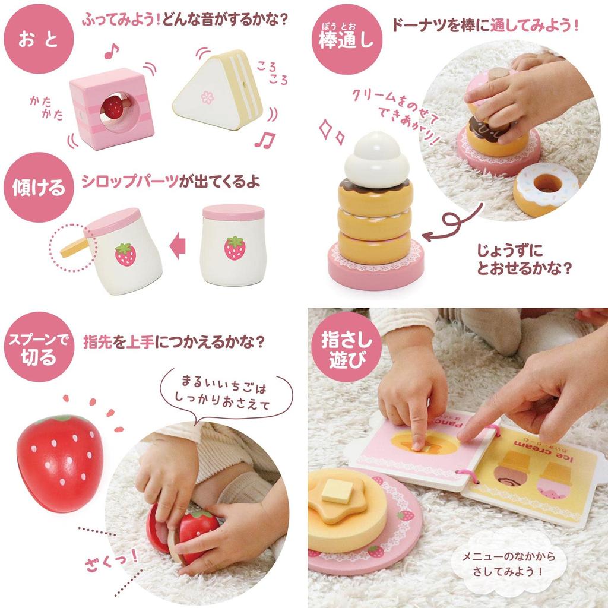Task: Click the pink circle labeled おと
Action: coord(39,38)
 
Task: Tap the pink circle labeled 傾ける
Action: coord(39,187)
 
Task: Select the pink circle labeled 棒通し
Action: coord(347,39)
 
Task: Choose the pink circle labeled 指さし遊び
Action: coord(347,347)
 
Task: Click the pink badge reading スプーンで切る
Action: coord(39,347)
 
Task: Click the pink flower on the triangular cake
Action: coord(207,97)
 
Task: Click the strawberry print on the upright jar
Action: coord(235,248)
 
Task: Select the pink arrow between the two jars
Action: coord(178,246)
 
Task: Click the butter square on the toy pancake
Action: coord(338,490)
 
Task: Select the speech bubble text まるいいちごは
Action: coord(224,384)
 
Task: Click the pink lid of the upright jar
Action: coord(233,213)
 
